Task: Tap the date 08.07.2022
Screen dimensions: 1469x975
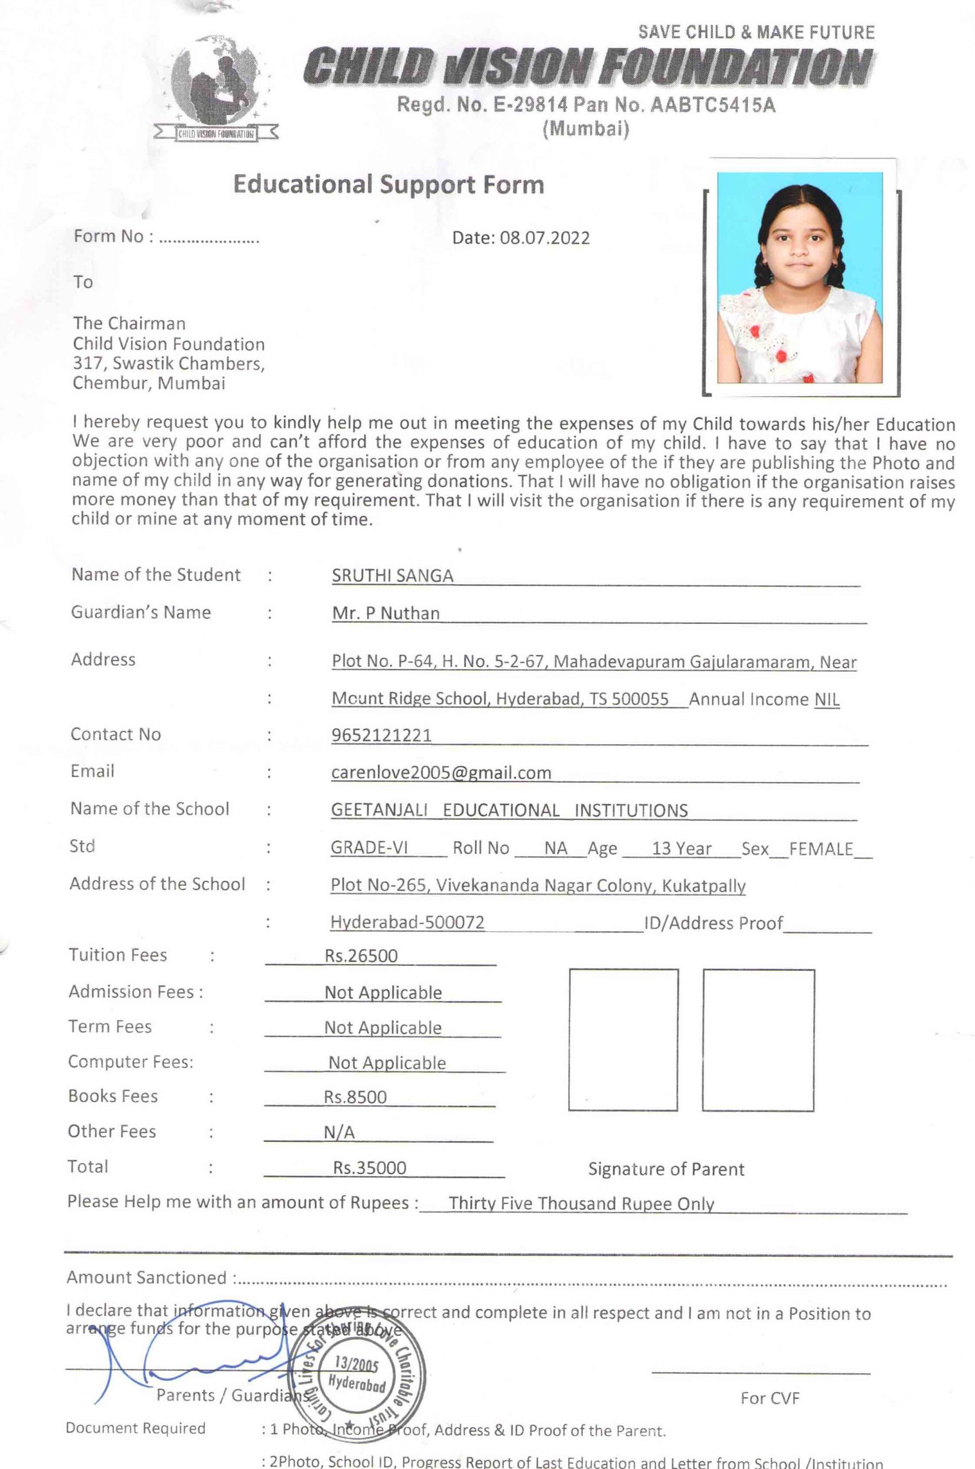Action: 544,238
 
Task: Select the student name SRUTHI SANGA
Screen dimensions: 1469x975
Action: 392,576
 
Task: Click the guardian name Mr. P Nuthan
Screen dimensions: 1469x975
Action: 385,613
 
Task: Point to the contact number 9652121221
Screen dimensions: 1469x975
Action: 381,736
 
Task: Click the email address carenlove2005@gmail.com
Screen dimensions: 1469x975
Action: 441,773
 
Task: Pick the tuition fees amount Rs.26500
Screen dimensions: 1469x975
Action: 361,955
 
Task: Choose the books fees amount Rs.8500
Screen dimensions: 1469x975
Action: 355,1097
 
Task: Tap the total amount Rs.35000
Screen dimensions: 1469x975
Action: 369,1168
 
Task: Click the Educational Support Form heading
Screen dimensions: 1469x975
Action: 389,185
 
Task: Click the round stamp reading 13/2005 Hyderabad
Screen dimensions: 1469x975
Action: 357,1375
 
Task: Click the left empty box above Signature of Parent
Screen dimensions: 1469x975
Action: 623,1039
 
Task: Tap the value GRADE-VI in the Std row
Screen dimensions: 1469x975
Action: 369,848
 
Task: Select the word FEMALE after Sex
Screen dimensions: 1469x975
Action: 821,849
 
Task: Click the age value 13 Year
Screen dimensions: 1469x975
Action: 681,849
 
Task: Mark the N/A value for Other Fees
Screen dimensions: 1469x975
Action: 339,1132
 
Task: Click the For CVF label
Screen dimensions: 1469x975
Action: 770,1398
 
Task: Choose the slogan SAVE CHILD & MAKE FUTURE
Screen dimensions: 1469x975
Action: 756,32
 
